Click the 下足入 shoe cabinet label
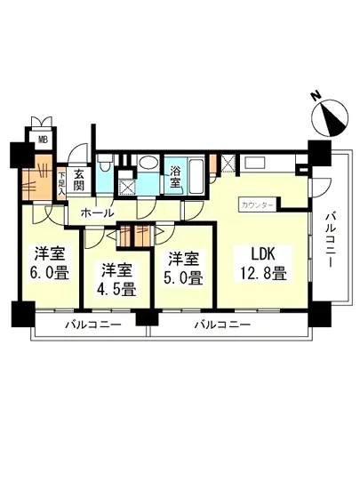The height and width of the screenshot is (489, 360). (x=60, y=182)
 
